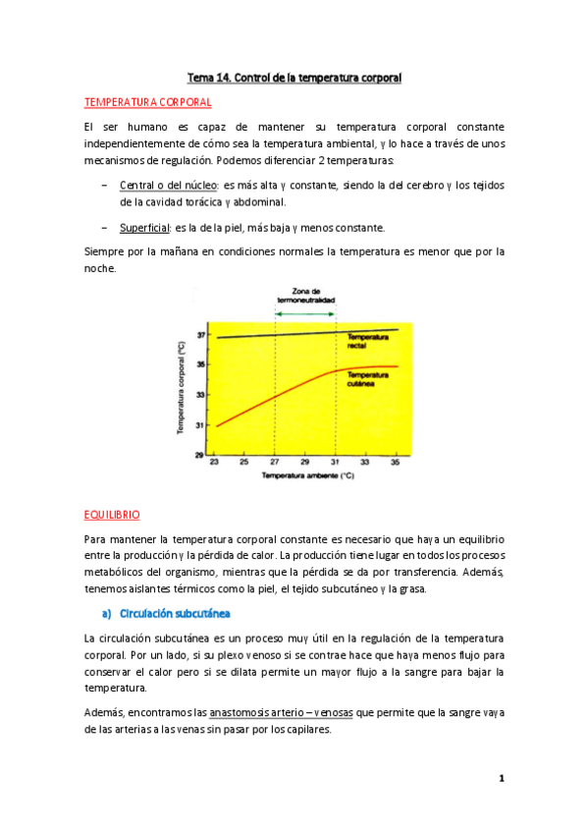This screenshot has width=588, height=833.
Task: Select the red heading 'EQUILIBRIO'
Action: [112, 514]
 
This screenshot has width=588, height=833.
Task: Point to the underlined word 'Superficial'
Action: [145, 228]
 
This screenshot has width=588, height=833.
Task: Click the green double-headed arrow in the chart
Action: [305, 313]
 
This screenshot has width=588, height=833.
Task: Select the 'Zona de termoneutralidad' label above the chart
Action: [305, 297]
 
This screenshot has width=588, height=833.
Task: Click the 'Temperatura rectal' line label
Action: [368, 341]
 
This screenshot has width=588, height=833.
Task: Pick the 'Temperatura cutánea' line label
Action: [368, 379]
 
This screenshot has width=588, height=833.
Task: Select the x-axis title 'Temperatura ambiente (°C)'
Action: [305, 476]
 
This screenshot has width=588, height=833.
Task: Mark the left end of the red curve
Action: [216, 426]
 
